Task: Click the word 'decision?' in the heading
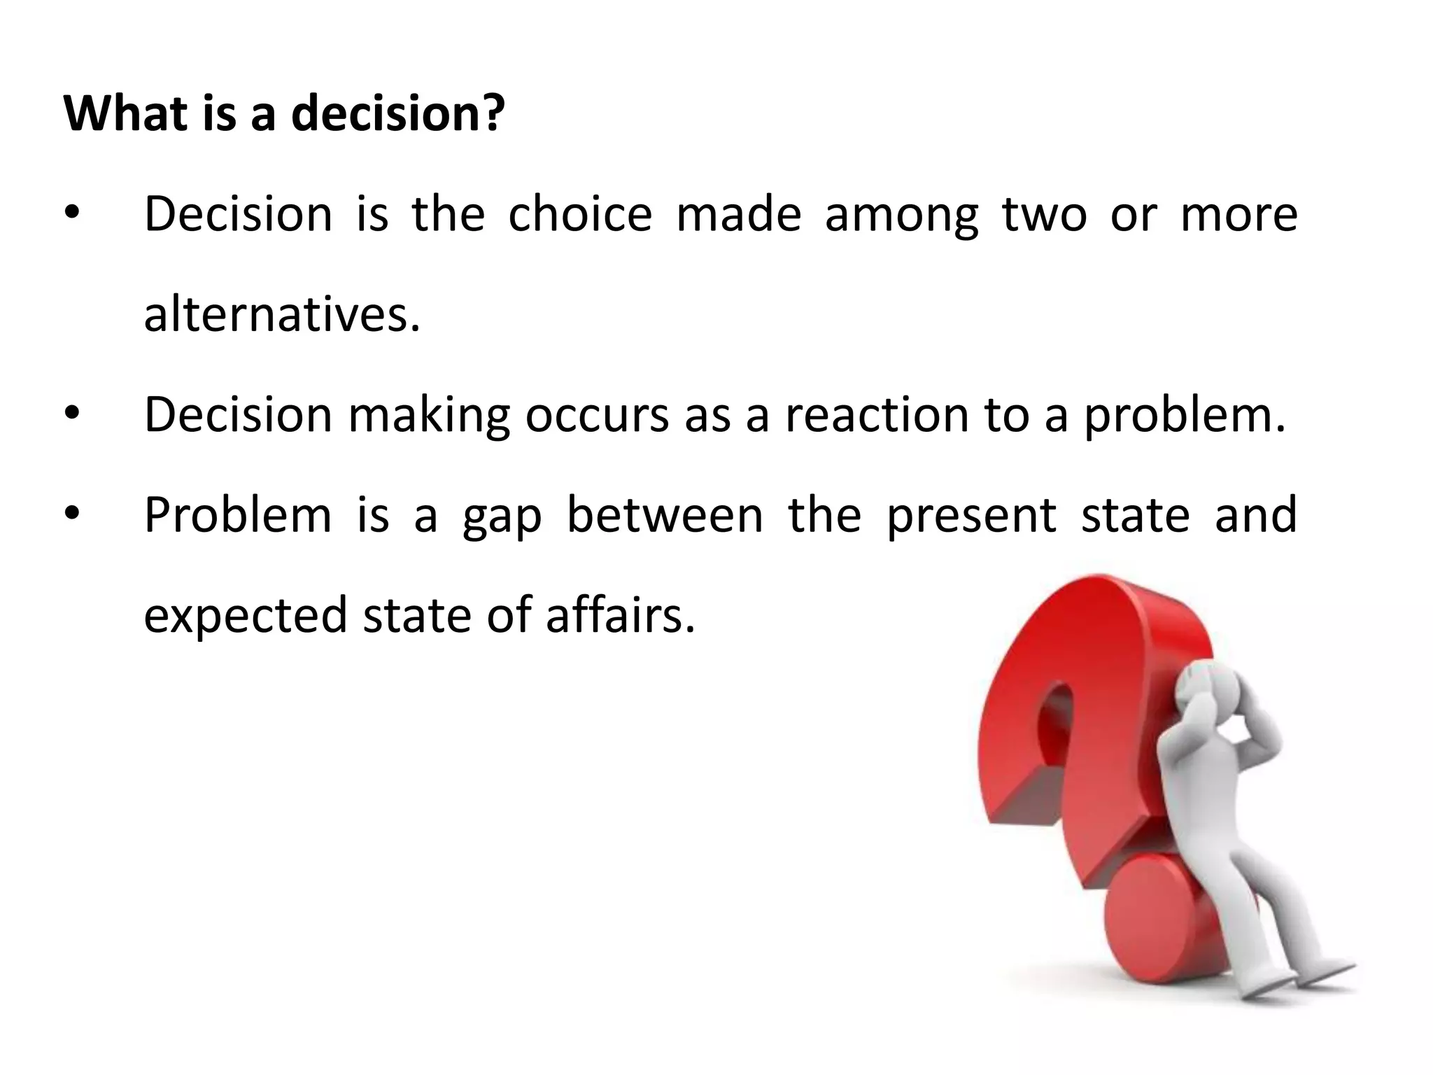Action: click(x=397, y=113)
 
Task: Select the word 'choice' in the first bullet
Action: click(x=579, y=214)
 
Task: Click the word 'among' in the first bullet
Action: click(x=901, y=216)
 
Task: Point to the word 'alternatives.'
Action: click(x=282, y=314)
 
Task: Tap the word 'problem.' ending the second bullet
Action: click(x=1185, y=416)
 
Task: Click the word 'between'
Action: click(x=664, y=515)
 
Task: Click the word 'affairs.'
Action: click(x=621, y=615)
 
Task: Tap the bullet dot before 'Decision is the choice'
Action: click(x=73, y=214)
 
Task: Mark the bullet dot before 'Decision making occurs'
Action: click(x=73, y=415)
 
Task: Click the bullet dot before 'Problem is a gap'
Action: click(x=73, y=515)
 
